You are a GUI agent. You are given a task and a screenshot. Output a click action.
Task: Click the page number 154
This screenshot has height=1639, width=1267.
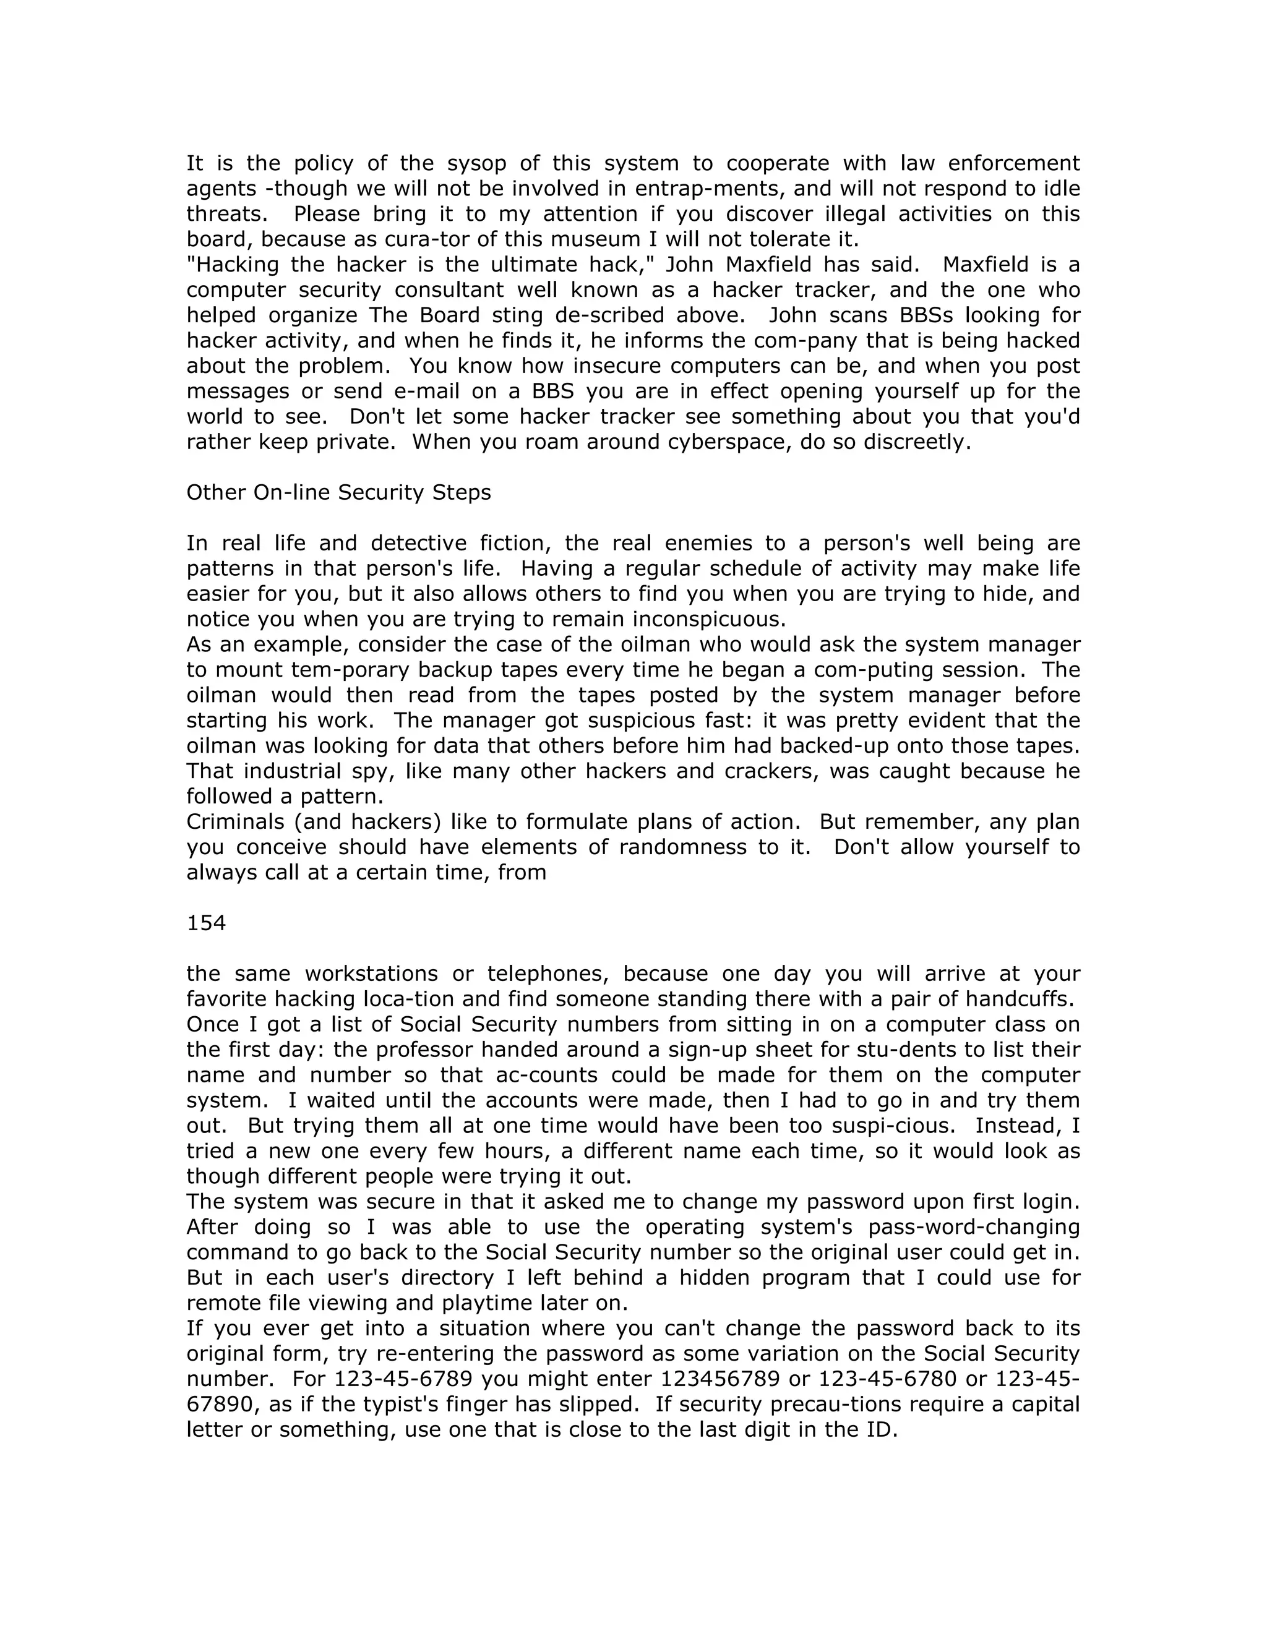click(x=207, y=923)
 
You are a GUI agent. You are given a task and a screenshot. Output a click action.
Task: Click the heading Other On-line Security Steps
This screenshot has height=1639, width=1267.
click(x=338, y=492)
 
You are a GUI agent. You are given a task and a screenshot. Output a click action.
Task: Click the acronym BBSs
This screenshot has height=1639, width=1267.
click(x=921, y=315)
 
